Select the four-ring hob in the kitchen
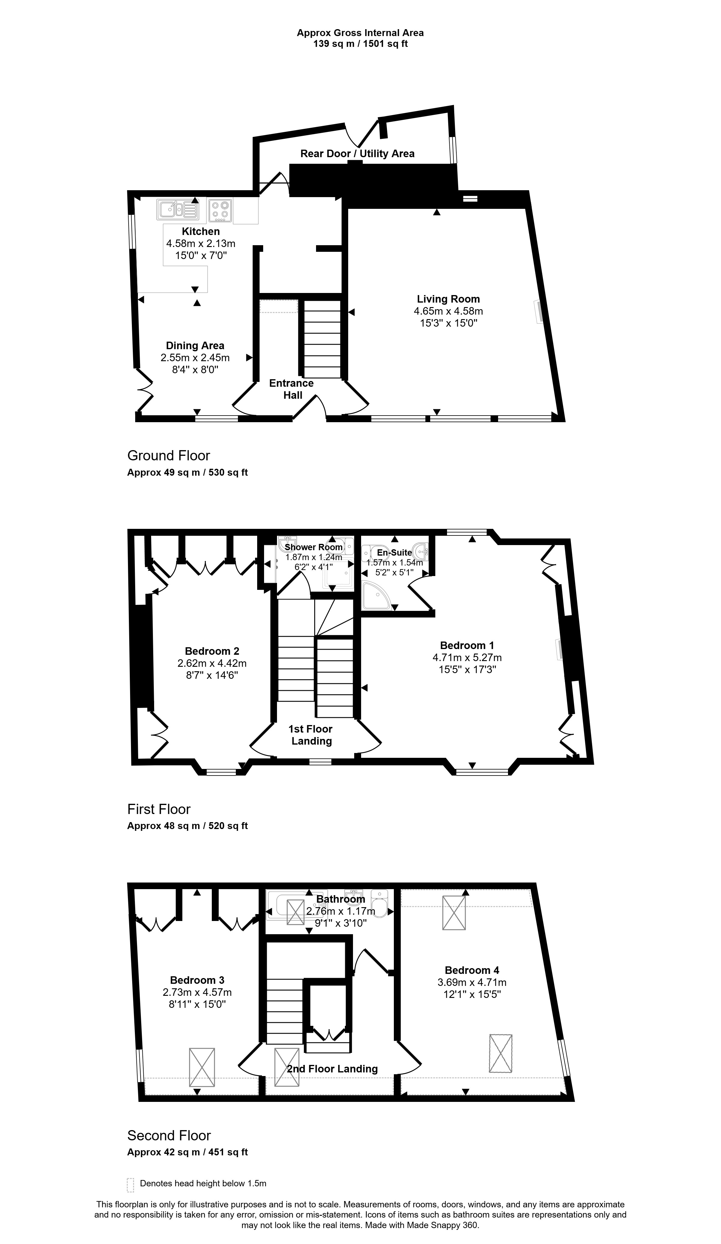221,209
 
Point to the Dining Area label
195,346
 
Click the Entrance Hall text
292,389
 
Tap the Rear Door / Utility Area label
357,154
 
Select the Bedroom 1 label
467,645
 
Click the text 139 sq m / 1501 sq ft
360,44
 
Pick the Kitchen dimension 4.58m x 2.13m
201,243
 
